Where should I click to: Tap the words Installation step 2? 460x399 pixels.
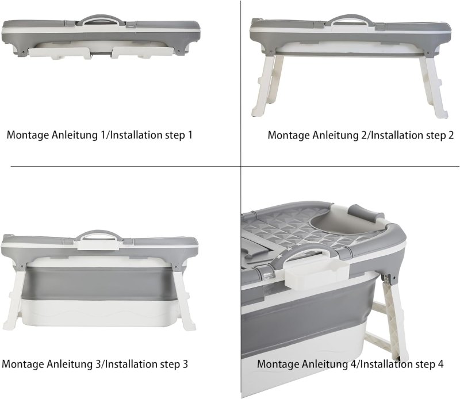click(409, 136)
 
